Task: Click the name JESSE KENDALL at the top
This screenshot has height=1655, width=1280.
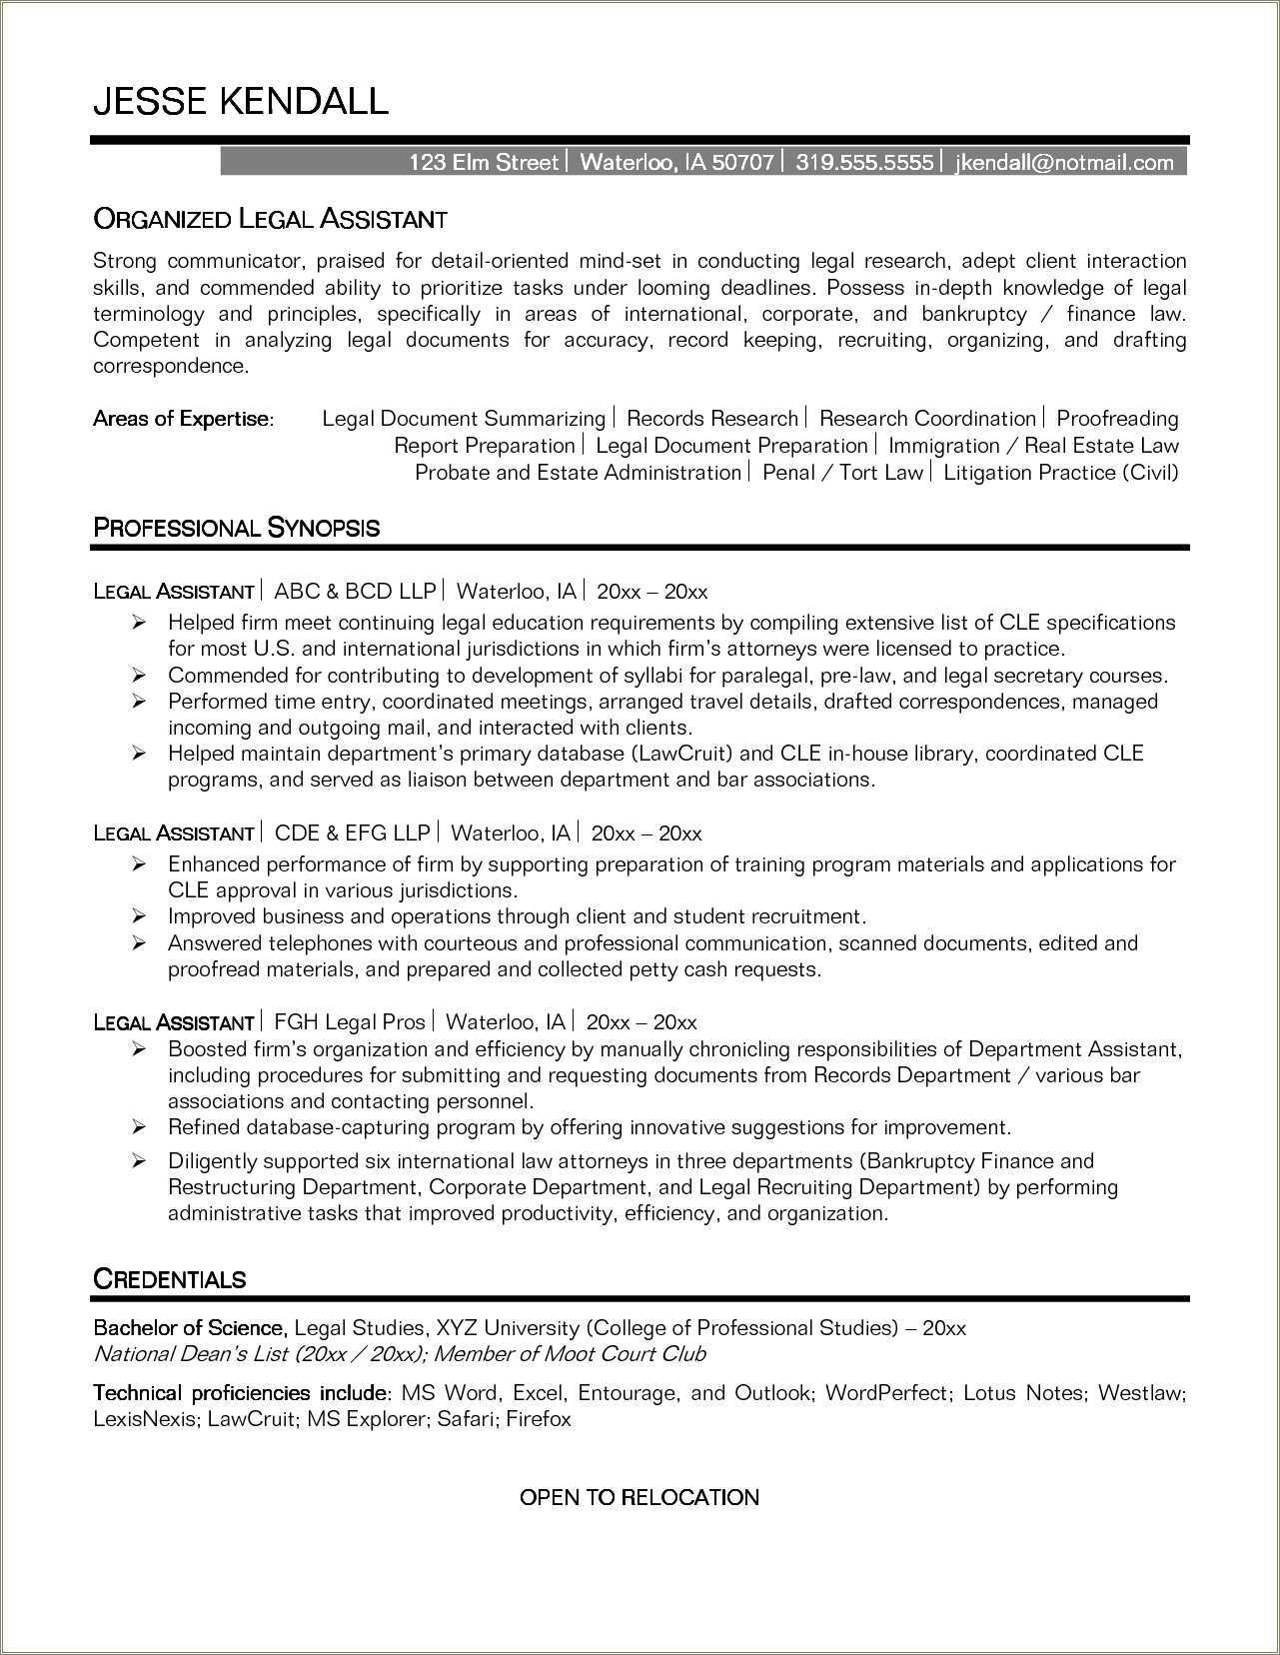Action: [x=240, y=101]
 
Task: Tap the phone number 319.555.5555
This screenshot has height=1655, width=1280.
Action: [x=864, y=162]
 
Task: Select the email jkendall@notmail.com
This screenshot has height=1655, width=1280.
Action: [x=1064, y=162]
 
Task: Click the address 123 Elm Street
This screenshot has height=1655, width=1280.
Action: [x=483, y=162]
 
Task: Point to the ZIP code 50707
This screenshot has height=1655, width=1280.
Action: [x=742, y=162]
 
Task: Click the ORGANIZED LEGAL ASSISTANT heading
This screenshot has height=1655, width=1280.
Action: [x=270, y=218]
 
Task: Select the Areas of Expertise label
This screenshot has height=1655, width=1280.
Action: [x=182, y=419]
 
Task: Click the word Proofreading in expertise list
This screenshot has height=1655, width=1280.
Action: [x=1117, y=419]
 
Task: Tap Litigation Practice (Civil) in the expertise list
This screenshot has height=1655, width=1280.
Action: [x=1060, y=473]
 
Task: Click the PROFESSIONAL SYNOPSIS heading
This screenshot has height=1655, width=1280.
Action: [x=236, y=528]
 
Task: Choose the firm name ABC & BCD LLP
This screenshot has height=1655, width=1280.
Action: [x=355, y=591]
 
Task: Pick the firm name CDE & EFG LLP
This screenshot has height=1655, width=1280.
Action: [x=352, y=832]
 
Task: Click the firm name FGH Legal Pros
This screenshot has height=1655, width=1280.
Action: [x=349, y=1022]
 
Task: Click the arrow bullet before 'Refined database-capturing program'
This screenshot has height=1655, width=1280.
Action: [x=140, y=1127]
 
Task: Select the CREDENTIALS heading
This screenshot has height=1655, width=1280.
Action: [x=169, y=1279]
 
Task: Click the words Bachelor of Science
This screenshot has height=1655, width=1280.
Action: [x=190, y=1328]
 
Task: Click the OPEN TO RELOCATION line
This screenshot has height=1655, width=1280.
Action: [x=640, y=1497]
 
